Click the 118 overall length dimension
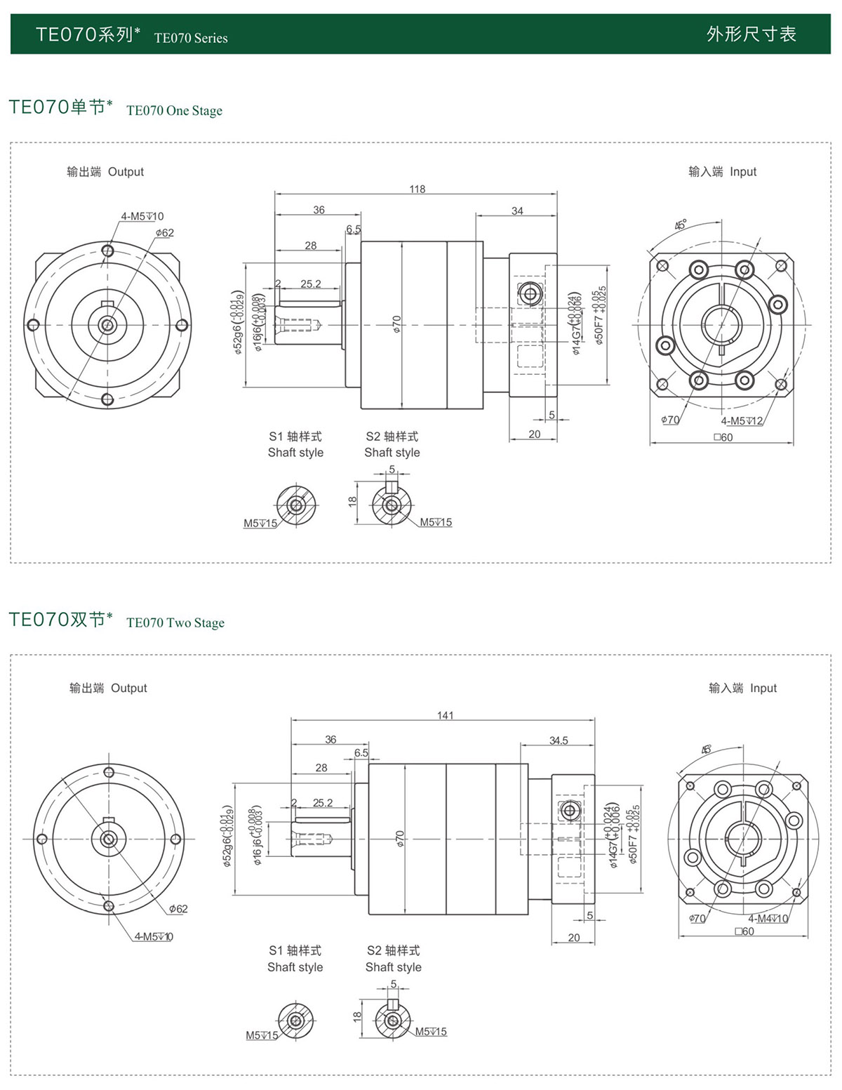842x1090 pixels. click(417, 189)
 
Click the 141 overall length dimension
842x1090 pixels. click(446, 715)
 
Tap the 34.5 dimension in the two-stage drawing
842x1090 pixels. click(559, 740)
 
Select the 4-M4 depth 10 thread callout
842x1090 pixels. click(768, 919)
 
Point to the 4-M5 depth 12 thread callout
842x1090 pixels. click(742, 421)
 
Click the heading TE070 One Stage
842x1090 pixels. click(174, 110)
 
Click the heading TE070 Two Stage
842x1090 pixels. click(175, 623)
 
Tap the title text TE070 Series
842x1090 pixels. click(191, 38)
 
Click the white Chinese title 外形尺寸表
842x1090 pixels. click(751, 34)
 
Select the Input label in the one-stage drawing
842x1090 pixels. click(743, 172)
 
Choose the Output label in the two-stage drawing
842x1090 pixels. click(129, 689)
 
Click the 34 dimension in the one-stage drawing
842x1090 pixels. click(517, 211)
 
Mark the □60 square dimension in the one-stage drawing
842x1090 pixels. click(723, 437)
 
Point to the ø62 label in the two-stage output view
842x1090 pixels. click(178, 909)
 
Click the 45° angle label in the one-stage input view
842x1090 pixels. click(681, 225)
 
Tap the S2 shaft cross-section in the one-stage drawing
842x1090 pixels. click(392, 504)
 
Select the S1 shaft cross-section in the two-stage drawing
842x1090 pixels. click(295, 1020)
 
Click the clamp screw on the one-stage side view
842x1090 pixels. click(529, 293)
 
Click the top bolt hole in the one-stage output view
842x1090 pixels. click(107, 251)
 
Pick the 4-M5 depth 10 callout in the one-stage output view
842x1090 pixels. click(142, 216)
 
